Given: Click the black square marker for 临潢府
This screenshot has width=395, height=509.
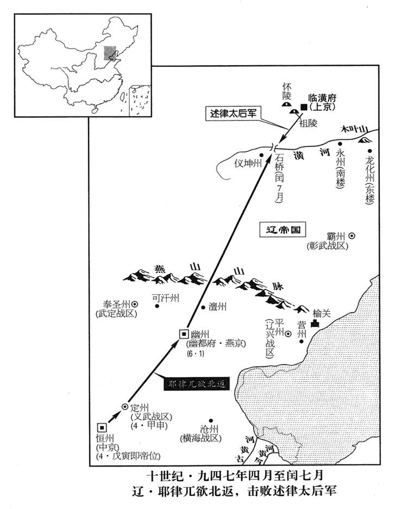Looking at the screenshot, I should click(304, 108).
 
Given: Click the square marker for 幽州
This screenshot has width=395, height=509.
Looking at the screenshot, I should click(183, 334).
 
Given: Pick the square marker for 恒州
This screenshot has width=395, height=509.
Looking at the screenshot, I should click(102, 427).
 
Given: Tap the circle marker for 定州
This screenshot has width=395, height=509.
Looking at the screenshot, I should click(124, 406).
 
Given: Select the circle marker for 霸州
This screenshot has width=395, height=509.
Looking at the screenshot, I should click(352, 236).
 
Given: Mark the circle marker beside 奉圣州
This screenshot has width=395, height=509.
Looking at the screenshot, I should click(134, 305).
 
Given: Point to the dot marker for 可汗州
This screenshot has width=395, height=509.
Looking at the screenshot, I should click(158, 306).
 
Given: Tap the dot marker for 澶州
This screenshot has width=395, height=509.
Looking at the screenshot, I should click(202, 306).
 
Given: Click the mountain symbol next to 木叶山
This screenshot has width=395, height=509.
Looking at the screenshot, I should click(362, 140).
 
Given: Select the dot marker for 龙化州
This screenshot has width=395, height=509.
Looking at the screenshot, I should click(370, 151).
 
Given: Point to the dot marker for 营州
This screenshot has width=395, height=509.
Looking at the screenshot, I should click(302, 341).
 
